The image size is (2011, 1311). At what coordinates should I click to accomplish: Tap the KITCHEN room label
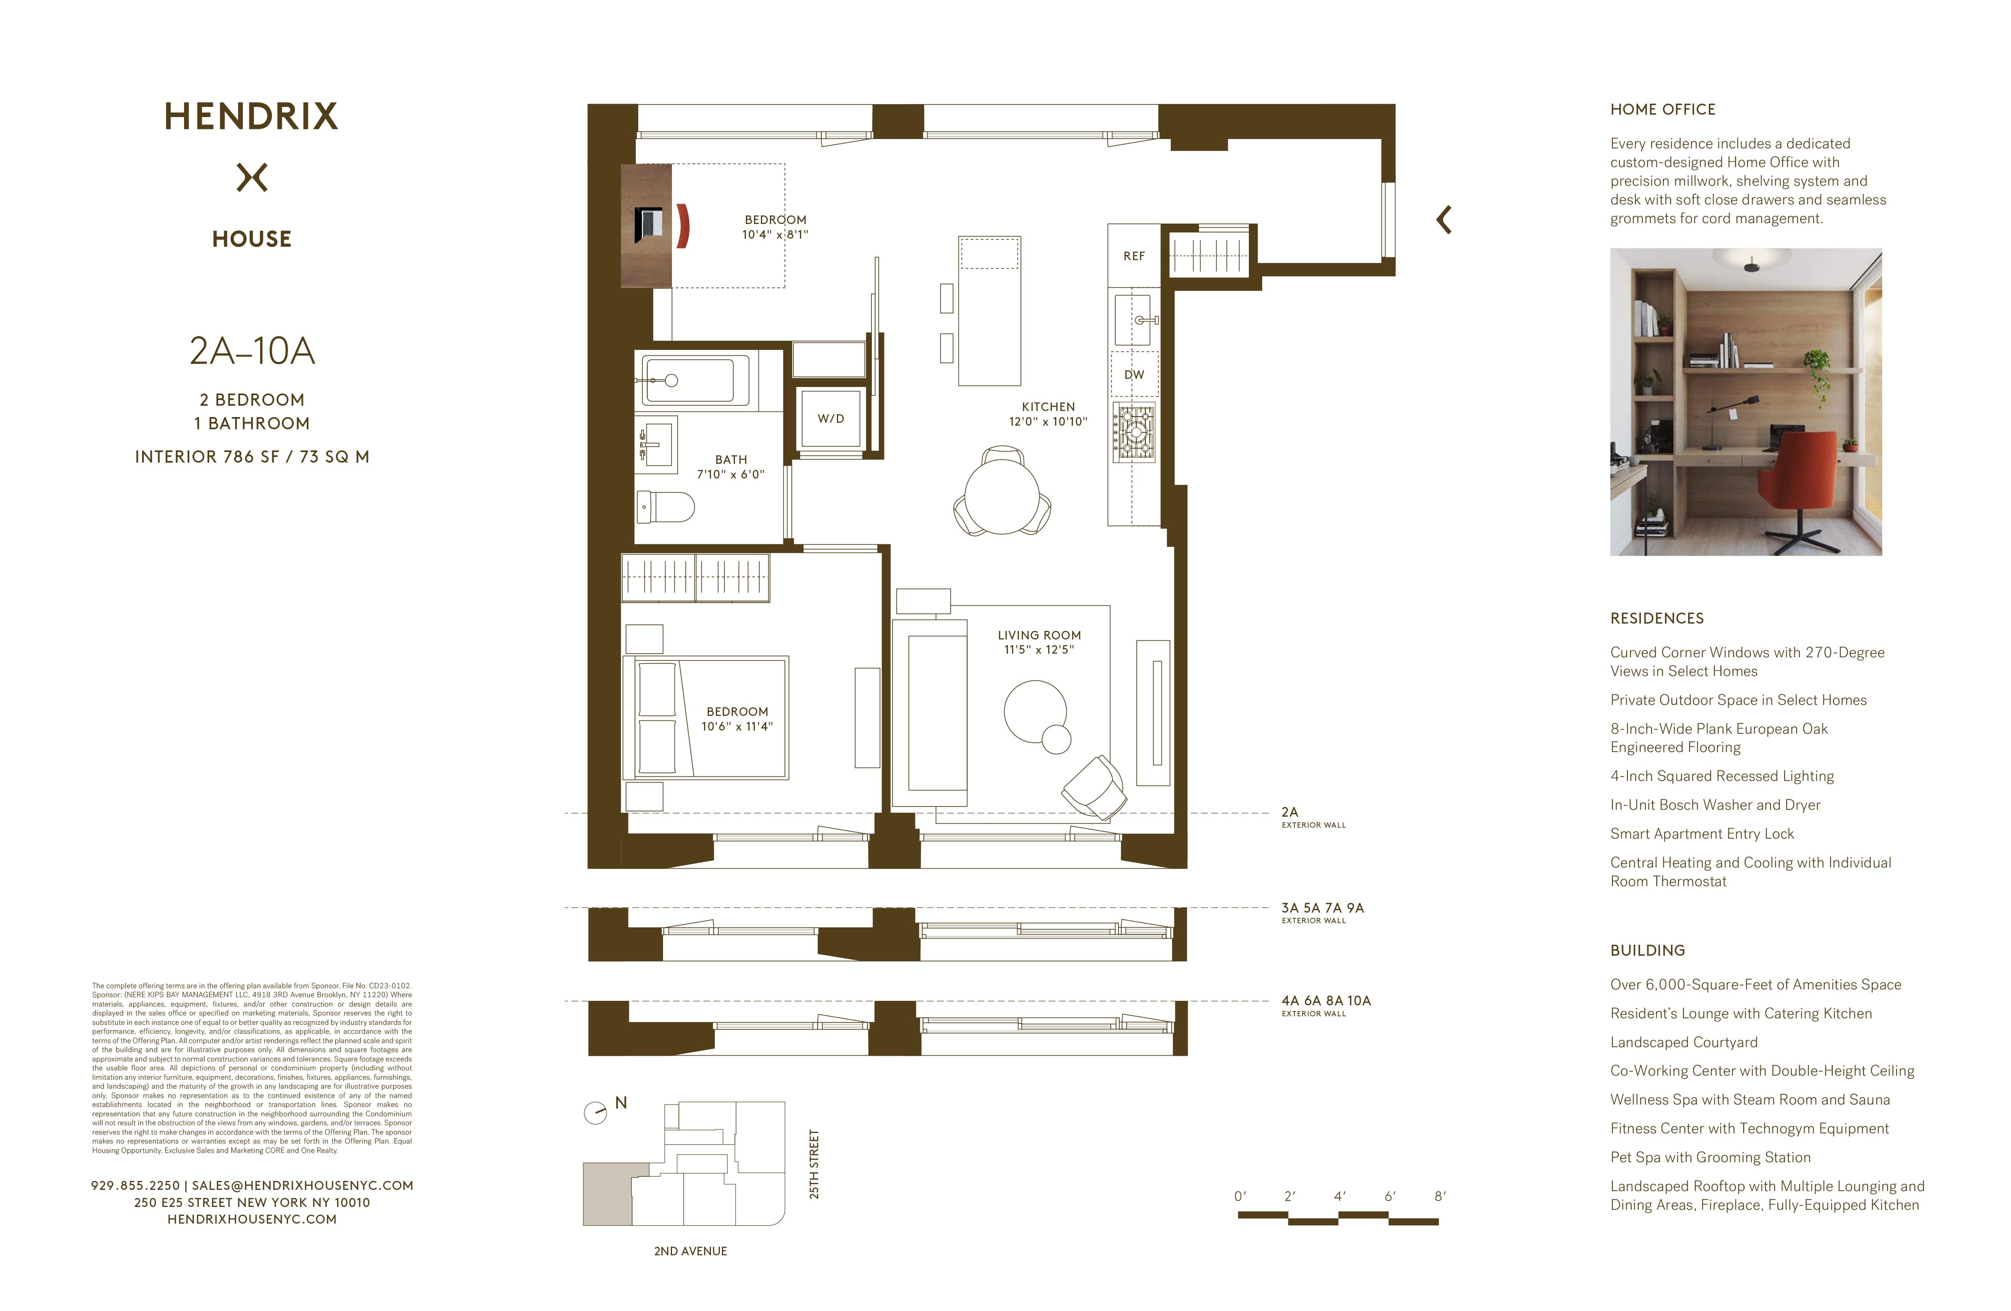[x=1048, y=407]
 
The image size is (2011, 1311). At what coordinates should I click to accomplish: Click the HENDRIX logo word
[x=251, y=117]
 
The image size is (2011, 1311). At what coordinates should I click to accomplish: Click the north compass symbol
[x=596, y=1112]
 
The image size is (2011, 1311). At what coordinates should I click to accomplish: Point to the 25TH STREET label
[x=814, y=1164]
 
